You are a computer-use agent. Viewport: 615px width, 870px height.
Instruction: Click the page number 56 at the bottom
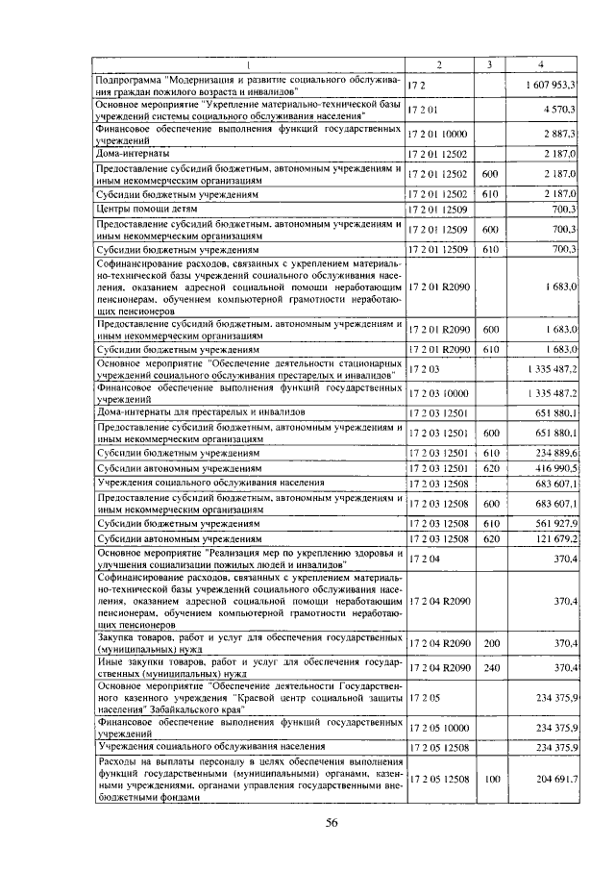[x=331, y=822]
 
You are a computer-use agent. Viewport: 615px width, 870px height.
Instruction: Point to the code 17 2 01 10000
[x=438, y=136]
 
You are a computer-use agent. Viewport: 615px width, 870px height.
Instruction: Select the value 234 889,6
[x=551, y=453]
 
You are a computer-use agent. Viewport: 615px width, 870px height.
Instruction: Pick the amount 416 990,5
[x=551, y=468]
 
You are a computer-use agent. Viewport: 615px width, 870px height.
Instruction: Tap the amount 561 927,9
[x=551, y=523]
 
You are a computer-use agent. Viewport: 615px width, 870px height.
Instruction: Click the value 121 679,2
[x=551, y=539]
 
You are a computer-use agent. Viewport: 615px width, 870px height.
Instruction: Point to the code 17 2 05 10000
[x=438, y=728]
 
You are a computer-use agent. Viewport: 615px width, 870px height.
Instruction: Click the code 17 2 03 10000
[x=438, y=393]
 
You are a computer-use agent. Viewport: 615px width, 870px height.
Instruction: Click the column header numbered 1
[x=247, y=64]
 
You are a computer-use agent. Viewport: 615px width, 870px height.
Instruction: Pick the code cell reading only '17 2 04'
[x=423, y=558]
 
